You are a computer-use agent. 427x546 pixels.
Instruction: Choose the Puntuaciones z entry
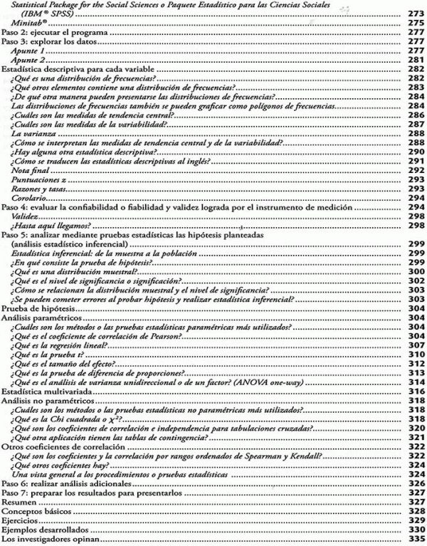click(34, 179)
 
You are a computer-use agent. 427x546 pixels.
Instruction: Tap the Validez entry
click(24, 216)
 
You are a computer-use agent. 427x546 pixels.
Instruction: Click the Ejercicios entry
click(19, 520)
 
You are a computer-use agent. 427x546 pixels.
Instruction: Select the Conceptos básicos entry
click(30, 510)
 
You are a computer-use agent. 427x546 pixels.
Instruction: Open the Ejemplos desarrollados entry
click(35, 529)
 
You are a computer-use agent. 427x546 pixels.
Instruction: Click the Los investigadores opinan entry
click(40, 538)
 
